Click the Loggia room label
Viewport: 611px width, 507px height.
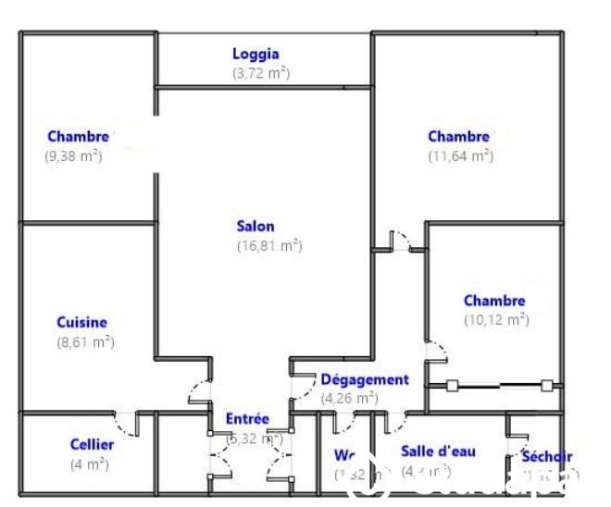click(x=256, y=55)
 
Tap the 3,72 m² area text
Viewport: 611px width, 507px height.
click(x=260, y=73)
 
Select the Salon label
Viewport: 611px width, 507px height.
click(x=256, y=226)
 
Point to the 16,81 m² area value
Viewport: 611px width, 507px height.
click(x=269, y=246)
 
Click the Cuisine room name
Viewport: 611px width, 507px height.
click(x=81, y=323)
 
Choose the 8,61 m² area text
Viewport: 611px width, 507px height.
click(x=85, y=342)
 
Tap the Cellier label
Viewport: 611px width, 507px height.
click(x=93, y=445)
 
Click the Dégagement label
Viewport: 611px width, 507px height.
click(x=365, y=379)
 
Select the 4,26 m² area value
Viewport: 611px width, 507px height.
click(x=349, y=399)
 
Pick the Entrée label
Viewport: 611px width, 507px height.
click(x=247, y=419)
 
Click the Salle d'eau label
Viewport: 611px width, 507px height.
click(x=438, y=451)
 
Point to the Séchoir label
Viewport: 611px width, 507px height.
click(x=546, y=456)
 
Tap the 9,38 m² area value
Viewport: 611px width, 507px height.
click(x=73, y=156)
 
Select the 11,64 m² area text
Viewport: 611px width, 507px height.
click(x=460, y=156)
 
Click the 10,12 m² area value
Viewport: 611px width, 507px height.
click(x=496, y=320)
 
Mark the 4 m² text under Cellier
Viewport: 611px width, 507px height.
click(x=90, y=464)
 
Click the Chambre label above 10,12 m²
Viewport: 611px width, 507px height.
click(x=494, y=301)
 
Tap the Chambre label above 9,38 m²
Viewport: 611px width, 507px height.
click(x=78, y=137)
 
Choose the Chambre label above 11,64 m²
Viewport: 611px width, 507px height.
click(x=458, y=137)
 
